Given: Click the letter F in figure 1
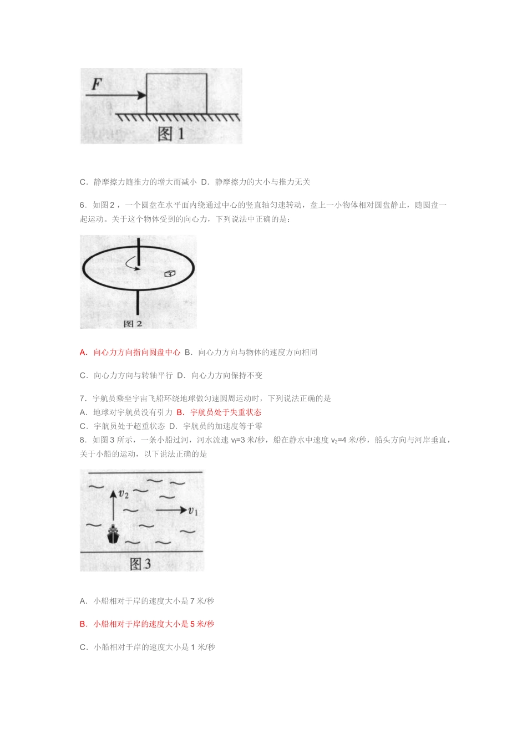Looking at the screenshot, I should point(97,84).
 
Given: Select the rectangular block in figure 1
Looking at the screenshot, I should point(176,93).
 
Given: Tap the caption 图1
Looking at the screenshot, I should point(171,134).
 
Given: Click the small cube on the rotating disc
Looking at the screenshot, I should point(170,273).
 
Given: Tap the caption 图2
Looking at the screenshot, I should point(133,324).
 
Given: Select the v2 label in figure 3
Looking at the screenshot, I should point(123,493).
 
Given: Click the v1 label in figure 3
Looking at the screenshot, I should point(193,511).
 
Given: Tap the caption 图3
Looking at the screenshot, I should point(140,564).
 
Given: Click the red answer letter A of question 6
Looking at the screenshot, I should point(83,352).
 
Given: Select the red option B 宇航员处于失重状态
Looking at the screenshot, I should point(219,412).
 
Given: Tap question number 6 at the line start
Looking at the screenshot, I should point(83,205).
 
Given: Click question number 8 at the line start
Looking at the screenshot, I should point(83,440).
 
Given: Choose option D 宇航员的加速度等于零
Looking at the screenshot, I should point(216,426).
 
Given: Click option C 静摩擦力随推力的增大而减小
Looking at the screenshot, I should point(138,182).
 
